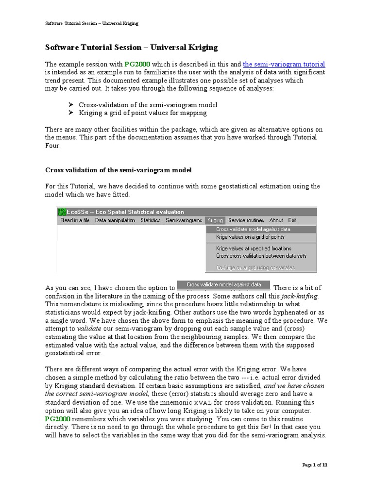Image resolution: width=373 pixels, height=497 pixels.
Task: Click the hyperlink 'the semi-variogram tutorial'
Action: coord(284,64)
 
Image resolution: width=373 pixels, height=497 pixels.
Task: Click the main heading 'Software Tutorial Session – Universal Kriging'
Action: coord(131,48)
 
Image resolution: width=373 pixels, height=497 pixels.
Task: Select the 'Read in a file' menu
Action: coord(75,220)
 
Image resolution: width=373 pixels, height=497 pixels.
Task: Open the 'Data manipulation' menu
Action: coord(115,220)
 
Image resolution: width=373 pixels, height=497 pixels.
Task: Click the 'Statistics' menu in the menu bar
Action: coord(151,220)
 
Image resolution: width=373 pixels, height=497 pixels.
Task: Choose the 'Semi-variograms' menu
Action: coord(184,220)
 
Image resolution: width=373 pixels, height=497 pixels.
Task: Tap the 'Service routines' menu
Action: coord(246,220)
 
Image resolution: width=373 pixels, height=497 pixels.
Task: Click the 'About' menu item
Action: coord(276,220)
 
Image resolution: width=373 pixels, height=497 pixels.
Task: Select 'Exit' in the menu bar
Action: coord(292,220)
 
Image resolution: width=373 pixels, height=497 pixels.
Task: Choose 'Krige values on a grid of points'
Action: coord(250,237)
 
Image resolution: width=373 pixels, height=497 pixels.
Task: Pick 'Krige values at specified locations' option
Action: coord(254,248)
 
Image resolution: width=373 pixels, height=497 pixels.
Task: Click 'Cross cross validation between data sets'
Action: coord(261,256)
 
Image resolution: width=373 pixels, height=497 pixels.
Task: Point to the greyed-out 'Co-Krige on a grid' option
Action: coord(255,267)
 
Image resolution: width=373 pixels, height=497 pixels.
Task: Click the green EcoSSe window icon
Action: coord(62,212)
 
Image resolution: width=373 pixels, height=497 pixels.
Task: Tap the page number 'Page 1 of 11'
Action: coord(315,465)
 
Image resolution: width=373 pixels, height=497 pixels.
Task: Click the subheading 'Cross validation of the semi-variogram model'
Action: coord(119,170)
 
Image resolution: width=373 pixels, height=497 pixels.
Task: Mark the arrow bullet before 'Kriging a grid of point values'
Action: coord(70,113)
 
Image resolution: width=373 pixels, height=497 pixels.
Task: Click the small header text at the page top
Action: coord(92,23)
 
